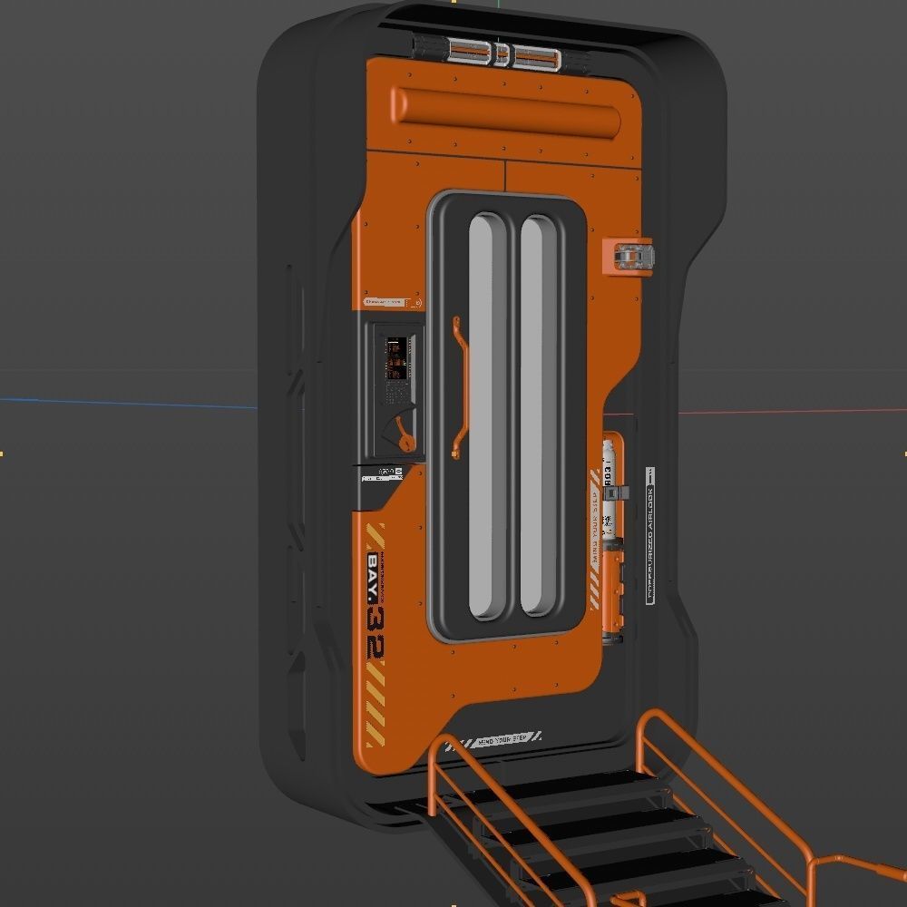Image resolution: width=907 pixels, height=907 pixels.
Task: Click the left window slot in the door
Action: tap(487, 417)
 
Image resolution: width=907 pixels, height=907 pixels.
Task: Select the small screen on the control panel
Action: tap(396, 359)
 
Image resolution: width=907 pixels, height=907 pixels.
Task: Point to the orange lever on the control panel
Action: tap(405, 435)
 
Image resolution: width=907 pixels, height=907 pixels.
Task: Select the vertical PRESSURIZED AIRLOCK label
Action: tap(649, 535)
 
